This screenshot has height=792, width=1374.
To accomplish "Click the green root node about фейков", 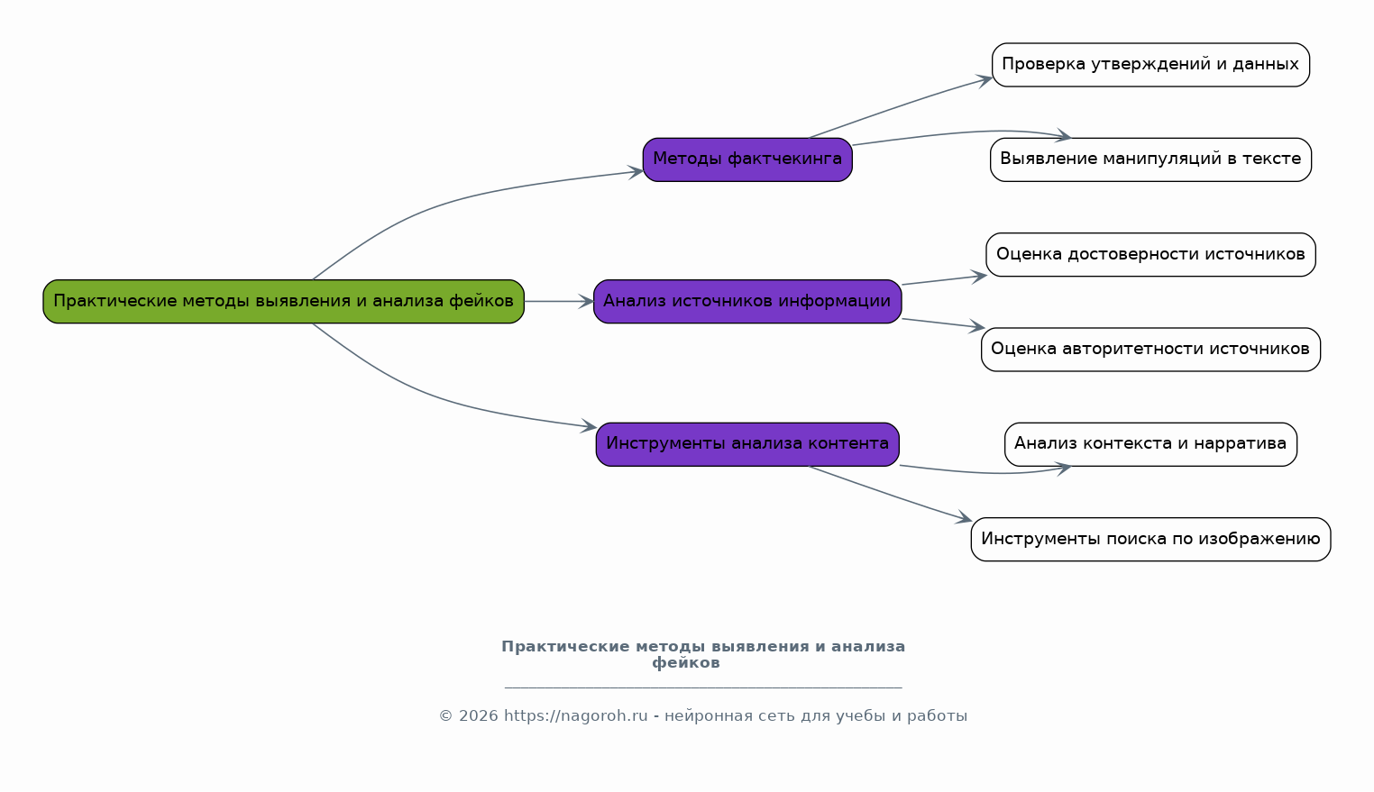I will pos(283,302).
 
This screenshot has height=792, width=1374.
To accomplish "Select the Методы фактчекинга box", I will pos(747,159).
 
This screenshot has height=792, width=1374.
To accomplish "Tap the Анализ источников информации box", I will pos(747,302).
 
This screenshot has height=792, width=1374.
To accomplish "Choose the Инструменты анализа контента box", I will pos(747,444).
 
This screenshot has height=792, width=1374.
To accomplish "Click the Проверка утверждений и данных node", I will pos(1150,65).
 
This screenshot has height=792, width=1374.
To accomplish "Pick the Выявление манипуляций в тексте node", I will pos(1150,159).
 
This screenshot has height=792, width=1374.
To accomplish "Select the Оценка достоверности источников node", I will pos(1150,255).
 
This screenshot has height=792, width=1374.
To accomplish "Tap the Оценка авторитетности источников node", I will pos(1150,350).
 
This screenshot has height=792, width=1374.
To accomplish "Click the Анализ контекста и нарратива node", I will pos(1150,444).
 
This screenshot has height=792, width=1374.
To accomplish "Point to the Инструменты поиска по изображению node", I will pos(1150,540).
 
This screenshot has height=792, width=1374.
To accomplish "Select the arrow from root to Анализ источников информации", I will pos(559,302).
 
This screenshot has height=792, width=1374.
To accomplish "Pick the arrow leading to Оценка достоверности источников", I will pos(943,280).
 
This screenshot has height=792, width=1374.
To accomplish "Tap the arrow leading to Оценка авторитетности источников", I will pos(943,323).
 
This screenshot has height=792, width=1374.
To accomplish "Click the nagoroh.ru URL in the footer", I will pos(575,716).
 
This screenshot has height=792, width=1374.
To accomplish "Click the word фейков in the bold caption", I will pos(686,663).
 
